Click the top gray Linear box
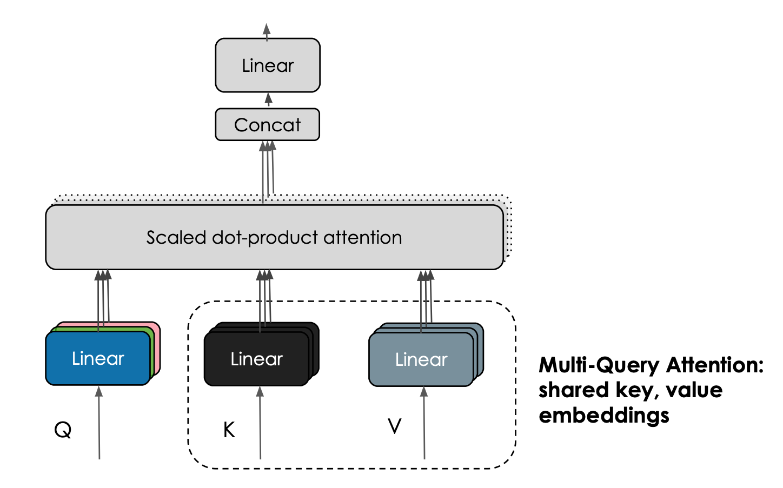coord(268,65)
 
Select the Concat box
coord(267,125)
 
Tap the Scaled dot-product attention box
coord(274,237)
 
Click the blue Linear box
coord(98,358)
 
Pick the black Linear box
coord(256,359)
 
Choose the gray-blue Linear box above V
coord(421,359)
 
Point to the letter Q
coord(63,430)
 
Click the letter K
coord(229,430)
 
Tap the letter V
coord(395,426)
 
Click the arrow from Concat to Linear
coord(268,101)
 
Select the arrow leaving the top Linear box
coord(267,31)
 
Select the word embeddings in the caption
coord(604,416)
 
